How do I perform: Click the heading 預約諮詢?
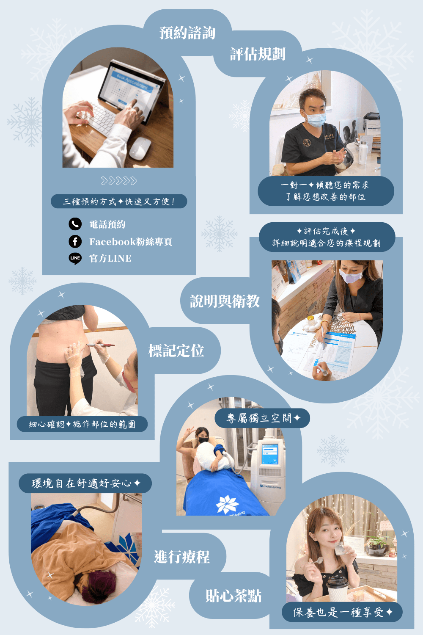(187, 33)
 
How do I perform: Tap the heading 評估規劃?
(258, 54)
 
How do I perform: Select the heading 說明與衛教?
(225, 301)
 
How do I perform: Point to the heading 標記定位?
(176, 351)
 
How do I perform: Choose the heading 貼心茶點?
(233, 596)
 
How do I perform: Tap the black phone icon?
(75, 224)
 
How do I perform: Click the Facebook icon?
(75, 242)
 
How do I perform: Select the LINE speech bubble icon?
(75, 259)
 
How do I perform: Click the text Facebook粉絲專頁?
(131, 242)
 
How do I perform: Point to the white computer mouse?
(140, 149)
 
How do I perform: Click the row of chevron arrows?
(119, 181)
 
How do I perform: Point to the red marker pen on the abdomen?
(100, 345)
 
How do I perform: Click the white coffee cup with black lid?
(338, 588)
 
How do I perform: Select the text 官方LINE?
(110, 259)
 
